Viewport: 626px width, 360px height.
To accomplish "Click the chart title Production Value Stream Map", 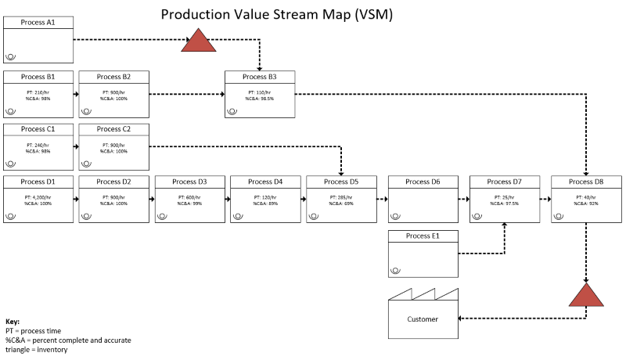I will click(276, 14).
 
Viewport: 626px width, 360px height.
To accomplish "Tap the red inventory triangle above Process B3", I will click(198, 41).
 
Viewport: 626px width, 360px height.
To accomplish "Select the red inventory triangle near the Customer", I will click(586, 297).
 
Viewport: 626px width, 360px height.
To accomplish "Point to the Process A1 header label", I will click(38, 23).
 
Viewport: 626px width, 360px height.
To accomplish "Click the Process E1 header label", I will click(423, 236).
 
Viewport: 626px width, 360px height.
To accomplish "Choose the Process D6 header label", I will click(423, 182).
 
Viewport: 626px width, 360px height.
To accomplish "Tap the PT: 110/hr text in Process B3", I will click(260, 92).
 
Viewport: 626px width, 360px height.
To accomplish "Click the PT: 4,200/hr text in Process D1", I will click(38, 197).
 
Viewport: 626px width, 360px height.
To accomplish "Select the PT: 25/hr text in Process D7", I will click(505, 197).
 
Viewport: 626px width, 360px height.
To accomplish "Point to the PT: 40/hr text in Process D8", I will click(585, 197).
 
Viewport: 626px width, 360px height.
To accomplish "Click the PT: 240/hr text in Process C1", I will click(38, 145).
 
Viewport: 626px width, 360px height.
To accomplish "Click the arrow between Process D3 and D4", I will click(227, 200).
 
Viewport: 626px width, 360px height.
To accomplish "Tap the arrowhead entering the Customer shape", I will click(461, 318).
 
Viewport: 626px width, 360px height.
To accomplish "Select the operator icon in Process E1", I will click(396, 270).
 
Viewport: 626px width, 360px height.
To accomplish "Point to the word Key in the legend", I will click(12, 322).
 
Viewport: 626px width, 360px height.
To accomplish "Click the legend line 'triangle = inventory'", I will click(36, 349).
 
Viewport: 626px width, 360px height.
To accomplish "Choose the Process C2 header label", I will click(113, 129).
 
